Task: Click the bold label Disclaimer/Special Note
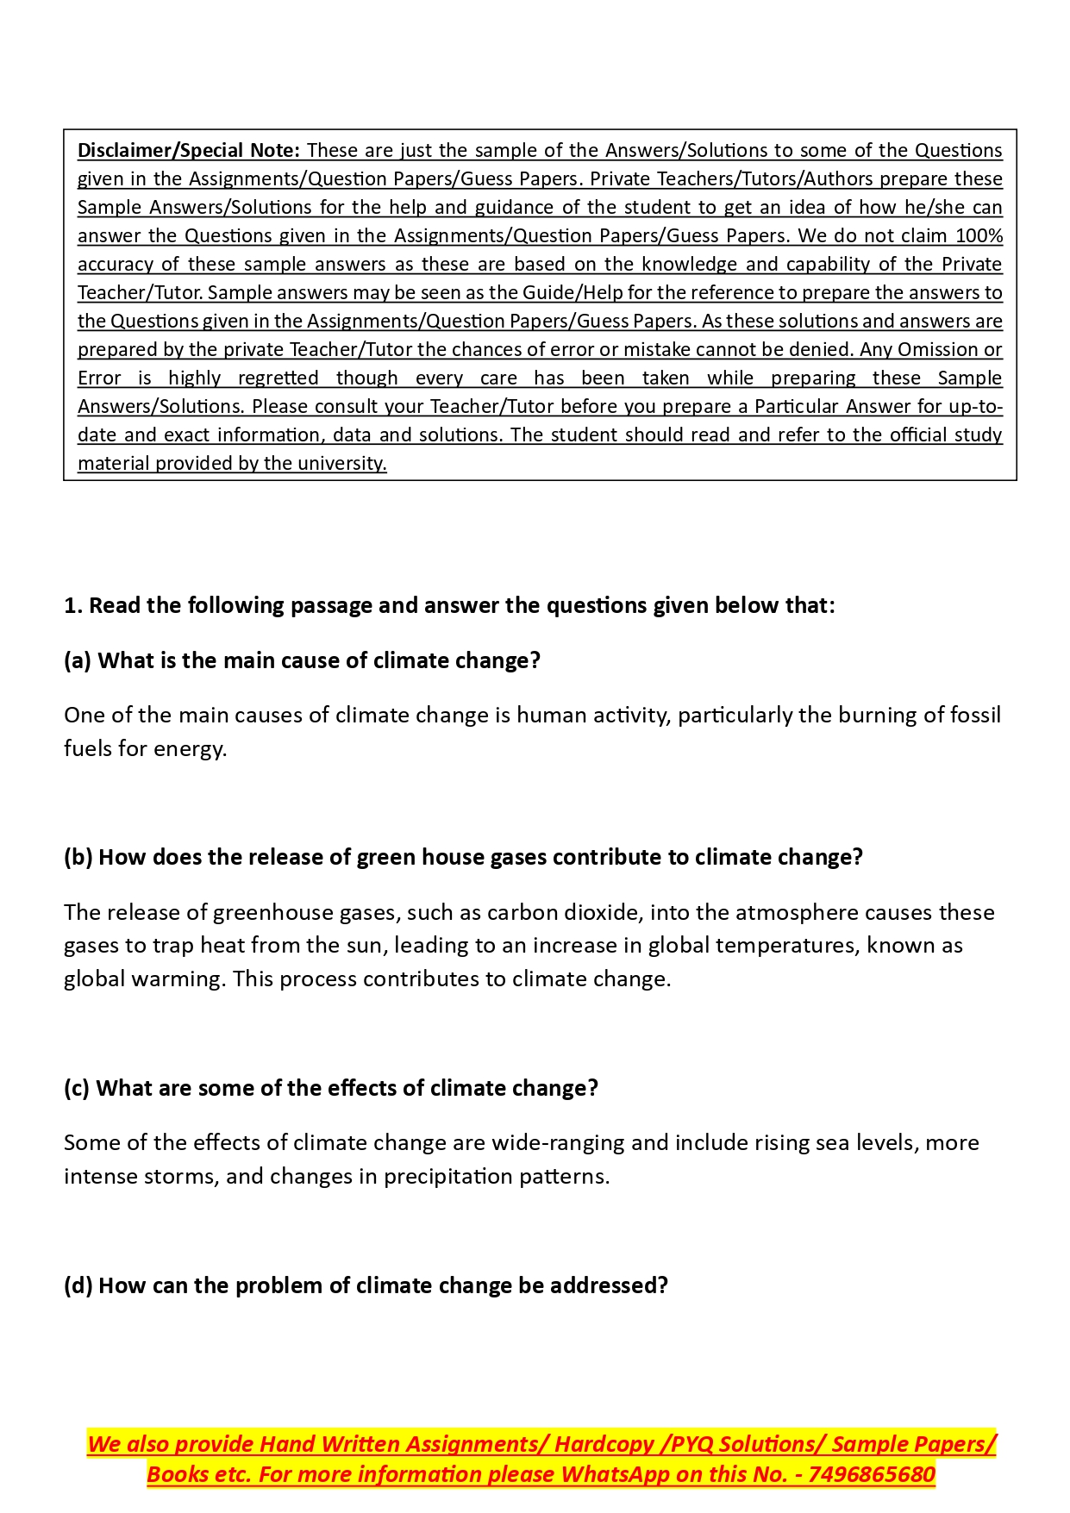click(x=188, y=150)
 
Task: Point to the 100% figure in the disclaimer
click(x=979, y=235)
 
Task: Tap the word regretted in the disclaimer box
click(x=278, y=378)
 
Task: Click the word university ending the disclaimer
click(x=348, y=463)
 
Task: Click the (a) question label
click(x=78, y=660)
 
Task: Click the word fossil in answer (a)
click(x=975, y=715)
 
